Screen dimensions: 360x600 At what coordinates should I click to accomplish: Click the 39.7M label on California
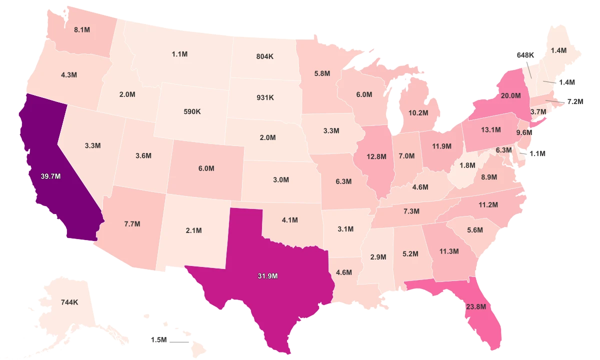pos(51,176)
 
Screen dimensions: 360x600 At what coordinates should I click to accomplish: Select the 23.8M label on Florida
pos(475,306)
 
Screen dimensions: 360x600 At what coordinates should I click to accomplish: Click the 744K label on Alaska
pos(69,302)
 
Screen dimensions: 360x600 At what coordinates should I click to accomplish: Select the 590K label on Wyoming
pos(192,111)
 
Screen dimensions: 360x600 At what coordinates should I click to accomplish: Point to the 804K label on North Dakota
pos(264,57)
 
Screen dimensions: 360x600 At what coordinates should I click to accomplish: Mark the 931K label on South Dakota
pos(264,97)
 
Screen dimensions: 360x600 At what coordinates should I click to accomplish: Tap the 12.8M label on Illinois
pos(376,156)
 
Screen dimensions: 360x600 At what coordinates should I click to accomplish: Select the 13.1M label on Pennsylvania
pos(490,130)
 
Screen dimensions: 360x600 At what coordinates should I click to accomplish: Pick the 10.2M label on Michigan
pos(418,112)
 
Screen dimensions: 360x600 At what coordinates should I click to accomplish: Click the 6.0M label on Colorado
pos(206,169)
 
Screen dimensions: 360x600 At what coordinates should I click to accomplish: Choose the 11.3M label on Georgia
pos(448,251)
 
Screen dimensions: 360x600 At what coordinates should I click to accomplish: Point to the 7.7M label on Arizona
pos(132,223)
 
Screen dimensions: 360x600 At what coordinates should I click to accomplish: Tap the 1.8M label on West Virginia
pos(467,165)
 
